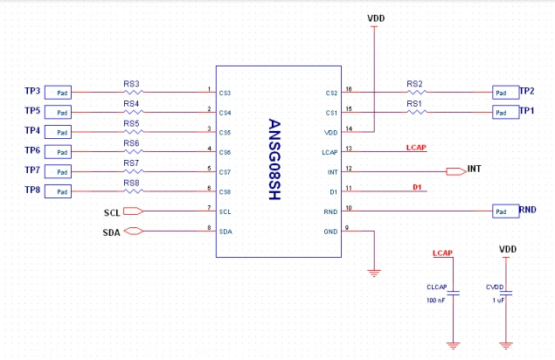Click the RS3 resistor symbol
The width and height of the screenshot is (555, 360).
coord(134,93)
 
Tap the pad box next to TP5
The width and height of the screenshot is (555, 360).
coord(58,112)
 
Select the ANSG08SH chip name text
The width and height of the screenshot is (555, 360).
coord(274,159)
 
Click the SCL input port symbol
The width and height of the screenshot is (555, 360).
coord(134,211)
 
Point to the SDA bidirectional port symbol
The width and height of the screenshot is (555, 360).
coord(134,232)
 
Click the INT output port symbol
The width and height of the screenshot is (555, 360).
coord(456,171)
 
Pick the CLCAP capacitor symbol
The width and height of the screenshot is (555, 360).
coord(453,294)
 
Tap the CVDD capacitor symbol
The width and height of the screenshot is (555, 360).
coord(506,294)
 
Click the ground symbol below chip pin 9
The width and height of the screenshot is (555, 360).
coord(374,273)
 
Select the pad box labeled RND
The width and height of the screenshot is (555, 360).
coord(506,211)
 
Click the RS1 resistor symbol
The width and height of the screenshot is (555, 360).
coord(417,112)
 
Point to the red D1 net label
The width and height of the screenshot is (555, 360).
coord(417,187)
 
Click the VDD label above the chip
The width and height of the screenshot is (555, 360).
coord(376,18)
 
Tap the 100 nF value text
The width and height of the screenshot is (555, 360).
coord(436,301)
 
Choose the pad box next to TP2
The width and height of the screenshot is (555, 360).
coord(506,93)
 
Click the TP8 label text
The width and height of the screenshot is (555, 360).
coord(32,190)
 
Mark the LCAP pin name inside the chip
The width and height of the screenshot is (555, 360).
coord(330,152)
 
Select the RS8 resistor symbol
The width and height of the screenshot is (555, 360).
coord(134,191)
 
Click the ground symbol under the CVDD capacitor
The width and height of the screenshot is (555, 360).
coord(506,345)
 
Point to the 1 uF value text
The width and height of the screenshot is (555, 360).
coord(498,301)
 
